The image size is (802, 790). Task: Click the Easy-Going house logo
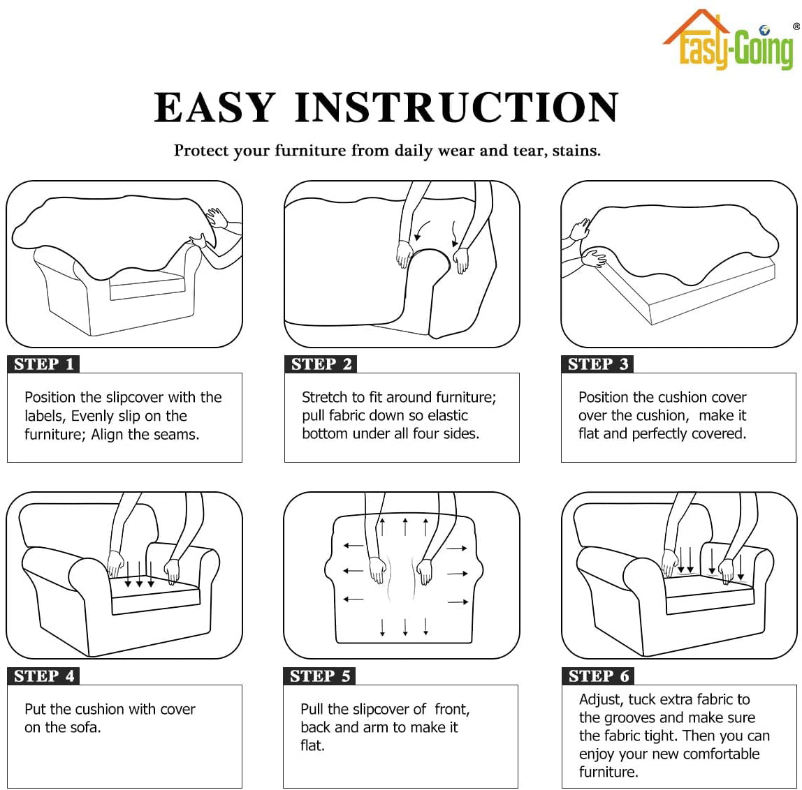click(x=729, y=39)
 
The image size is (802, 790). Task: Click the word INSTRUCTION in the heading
click(x=457, y=107)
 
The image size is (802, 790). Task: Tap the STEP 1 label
click(x=43, y=364)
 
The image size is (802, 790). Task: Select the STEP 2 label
click(x=321, y=364)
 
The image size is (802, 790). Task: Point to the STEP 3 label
click(x=597, y=364)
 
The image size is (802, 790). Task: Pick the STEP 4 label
click(x=43, y=676)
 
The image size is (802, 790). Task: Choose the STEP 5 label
click(x=320, y=676)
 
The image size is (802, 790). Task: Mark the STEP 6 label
click(x=599, y=676)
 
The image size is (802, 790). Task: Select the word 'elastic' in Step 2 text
click(x=448, y=415)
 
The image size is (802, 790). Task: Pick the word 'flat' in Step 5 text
click(x=312, y=745)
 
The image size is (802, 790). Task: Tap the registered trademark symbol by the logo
click(x=796, y=26)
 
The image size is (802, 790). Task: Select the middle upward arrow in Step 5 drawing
click(x=405, y=527)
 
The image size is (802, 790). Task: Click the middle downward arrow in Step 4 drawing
click(x=139, y=574)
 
